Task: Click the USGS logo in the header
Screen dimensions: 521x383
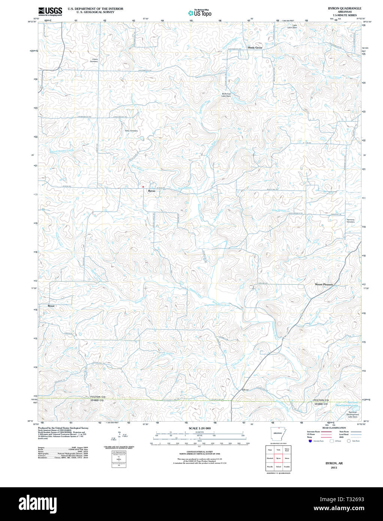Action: tap(50, 11)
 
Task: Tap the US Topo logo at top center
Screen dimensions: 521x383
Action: tap(200, 13)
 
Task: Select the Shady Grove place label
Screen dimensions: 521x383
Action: tap(255, 48)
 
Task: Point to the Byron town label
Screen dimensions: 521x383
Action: tap(151, 191)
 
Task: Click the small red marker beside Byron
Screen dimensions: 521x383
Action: tap(143, 186)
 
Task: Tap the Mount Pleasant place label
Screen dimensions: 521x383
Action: tap(324, 284)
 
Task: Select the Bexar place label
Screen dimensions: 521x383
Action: tap(51, 306)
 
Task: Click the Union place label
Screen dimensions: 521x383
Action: tap(245, 390)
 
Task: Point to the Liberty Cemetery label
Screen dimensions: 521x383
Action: tap(94, 60)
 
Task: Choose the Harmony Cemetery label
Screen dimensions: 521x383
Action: tap(350, 221)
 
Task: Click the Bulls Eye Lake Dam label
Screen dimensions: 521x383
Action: tap(226, 95)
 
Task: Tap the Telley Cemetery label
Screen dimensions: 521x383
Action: tap(131, 131)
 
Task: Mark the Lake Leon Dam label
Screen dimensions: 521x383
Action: tap(292, 27)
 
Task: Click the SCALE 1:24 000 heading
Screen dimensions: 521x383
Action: tap(199, 428)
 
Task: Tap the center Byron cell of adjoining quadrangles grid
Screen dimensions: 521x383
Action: tap(278, 458)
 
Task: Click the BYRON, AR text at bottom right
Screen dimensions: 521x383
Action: tap(334, 463)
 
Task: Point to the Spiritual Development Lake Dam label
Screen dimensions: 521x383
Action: tap(352, 414)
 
